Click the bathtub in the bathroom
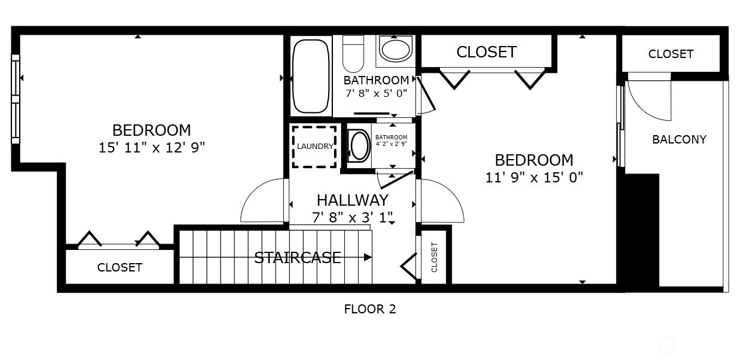point(311,77)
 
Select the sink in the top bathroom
point(396,49)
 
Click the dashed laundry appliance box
point(314,147)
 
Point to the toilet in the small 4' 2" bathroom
point(359,146)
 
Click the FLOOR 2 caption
point(370,309)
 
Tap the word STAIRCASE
point(298,258)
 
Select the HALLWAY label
point(352,200)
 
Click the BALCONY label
point(679,139)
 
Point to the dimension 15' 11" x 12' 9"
point(152,147)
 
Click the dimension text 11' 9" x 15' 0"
point(534,177)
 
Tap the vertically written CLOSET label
point(435,257)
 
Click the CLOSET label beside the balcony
point(671,54)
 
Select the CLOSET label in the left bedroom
point(120,267)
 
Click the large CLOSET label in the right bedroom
point(486,52)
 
